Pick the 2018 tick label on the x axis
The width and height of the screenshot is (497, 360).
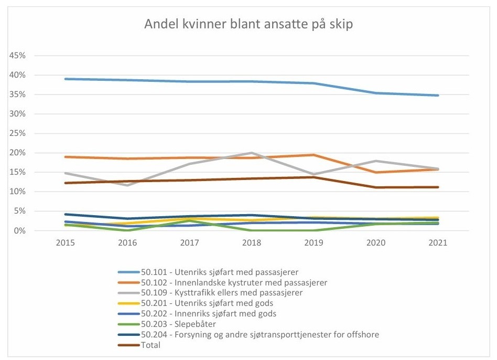click(x=252, y=244)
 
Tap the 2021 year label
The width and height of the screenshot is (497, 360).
click(x=438, y=244)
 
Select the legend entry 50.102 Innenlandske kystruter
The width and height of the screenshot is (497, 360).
click(x=233, y=282)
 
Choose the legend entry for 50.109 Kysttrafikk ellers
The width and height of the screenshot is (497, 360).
click(x=221, y=293)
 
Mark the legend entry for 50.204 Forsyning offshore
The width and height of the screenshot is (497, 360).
click(x=260, y=334)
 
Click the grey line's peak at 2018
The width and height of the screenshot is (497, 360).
click(x=252, y=153)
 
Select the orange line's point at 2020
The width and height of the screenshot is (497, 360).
click(x=376, y=172)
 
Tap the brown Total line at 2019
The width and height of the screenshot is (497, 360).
click(x=314, y=177)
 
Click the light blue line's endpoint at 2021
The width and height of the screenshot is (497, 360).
click(x=438, y=96)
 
